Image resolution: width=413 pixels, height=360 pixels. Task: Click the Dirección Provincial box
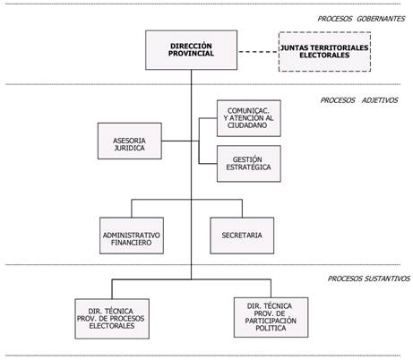tap(191, 50)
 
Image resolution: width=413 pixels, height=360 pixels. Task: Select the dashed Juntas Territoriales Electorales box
tap(324, 52)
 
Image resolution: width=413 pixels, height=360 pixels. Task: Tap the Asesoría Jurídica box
tap(130, 141)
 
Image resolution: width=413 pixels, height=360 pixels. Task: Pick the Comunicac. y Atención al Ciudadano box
tap(249, 118)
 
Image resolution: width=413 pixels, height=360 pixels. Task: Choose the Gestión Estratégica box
tap(249, 164)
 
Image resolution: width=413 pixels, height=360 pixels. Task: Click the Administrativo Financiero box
tap(132, 236)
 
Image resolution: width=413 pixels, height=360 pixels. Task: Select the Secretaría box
tap(242, 236)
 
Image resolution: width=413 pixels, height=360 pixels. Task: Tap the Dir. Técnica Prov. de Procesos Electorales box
tap(112, 319)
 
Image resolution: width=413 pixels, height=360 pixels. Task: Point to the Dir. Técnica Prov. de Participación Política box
tap(271, 317)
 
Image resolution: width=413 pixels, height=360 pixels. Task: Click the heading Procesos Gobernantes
tap(361, 19)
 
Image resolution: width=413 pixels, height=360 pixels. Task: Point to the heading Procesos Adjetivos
tap(359, 100)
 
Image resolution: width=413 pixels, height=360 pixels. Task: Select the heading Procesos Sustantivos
tap(369, 279)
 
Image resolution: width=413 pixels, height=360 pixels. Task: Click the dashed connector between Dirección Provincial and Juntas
tap(258, 52)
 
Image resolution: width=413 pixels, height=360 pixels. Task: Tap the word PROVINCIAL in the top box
tap(191, 54)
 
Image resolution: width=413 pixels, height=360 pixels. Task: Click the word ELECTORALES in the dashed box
tap(324, 56)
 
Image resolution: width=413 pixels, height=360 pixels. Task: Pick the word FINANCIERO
tap(132, 243)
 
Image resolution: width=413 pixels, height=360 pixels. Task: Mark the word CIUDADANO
tap(247, 125)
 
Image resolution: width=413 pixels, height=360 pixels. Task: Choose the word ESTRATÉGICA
tap(248, 167)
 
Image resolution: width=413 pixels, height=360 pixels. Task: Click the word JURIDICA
tap(130, 148)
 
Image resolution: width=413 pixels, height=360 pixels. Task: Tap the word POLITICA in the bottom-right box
tap(271, 328)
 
